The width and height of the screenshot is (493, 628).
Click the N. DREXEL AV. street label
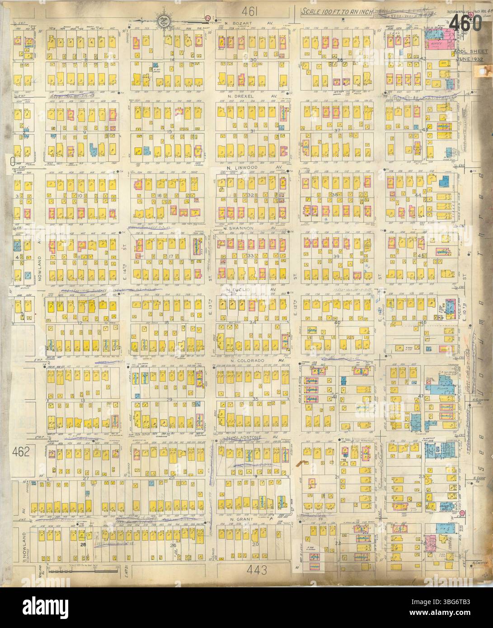pyautogui.click(x=251, y=96)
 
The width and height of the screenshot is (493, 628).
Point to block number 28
pyautogui.click(x=83, y=545)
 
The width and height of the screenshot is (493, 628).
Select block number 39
pyautogui.click(x=336, y=256)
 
